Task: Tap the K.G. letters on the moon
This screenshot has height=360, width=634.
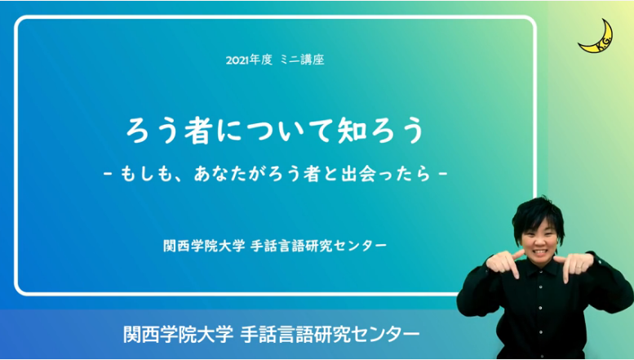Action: pos(600,45)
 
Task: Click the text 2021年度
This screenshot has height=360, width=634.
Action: pos(249,60)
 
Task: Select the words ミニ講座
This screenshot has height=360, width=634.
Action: pos(302,60)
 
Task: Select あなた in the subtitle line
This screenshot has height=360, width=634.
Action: pos(221,174)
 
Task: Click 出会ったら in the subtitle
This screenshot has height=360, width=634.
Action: pos(386,174)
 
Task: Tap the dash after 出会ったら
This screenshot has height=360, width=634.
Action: pos(443,175)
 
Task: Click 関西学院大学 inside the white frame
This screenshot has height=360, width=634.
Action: pos(204,246)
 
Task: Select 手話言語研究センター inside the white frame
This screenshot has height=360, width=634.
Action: pos(318,246)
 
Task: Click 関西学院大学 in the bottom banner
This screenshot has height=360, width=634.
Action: pos(179,335)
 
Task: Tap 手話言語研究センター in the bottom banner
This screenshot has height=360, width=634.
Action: pos(330,335)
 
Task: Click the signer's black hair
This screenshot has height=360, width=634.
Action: pos(538,211)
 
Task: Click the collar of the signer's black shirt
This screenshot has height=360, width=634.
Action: pos(538,266)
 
